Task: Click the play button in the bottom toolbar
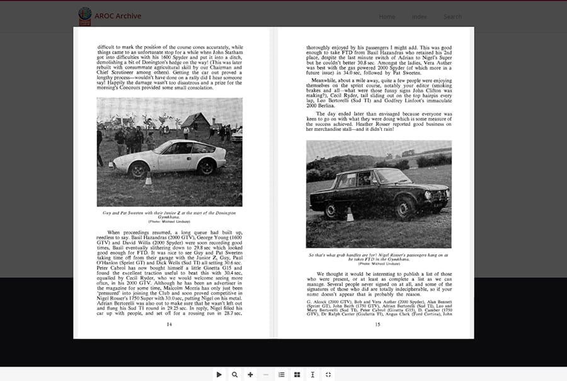click(219, 375)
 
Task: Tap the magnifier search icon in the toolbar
click(234, 375)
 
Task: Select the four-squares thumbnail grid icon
click(297, 375)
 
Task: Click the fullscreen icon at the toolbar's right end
click(328, 375)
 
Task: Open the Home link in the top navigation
click(387, 16)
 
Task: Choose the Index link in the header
click(419, 16)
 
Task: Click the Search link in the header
click(452, 16)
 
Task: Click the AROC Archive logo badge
click(85, 16)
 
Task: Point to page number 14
click(169, 324)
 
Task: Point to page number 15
click(378, 324)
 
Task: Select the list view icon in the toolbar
click(282, 375)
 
